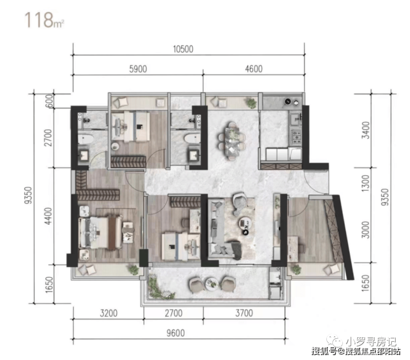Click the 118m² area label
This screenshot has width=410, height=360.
click(44, 20)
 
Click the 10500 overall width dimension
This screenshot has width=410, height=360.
click(183, 49)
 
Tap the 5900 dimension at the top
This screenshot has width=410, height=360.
click(138, 69)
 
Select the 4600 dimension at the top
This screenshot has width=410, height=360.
click(254, 69)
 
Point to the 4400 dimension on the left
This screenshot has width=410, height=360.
click(48, 216)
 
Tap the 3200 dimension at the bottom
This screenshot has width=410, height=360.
click(109, 313)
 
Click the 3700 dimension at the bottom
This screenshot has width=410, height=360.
click(244, 313)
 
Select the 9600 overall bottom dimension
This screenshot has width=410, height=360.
click(176, 333)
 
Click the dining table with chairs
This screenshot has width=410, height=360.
click(232, 140)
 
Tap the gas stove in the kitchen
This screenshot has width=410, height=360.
click(296, 136)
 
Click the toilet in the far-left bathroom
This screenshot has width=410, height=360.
click(85, 139)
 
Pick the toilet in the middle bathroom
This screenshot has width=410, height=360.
click(192, 139)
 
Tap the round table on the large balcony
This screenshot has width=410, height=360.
click(212, 284)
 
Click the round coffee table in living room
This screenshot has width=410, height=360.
click(245, 223)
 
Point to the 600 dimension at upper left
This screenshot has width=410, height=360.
click(49, 101)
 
